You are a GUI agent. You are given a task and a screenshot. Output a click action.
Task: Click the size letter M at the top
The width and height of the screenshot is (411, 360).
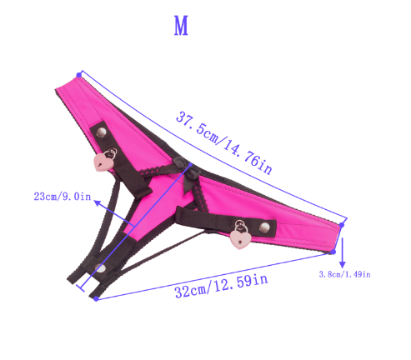click(181, 26)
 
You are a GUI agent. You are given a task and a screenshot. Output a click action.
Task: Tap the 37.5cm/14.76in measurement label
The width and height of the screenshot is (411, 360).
click(224, 142)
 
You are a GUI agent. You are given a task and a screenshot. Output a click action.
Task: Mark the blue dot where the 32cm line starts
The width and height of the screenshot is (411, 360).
click(98, 297)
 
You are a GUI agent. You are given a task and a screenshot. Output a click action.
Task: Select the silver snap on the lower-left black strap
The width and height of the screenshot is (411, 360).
click(102, 268)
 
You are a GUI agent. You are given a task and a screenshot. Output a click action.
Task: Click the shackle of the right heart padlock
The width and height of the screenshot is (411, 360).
click(243, 225)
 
